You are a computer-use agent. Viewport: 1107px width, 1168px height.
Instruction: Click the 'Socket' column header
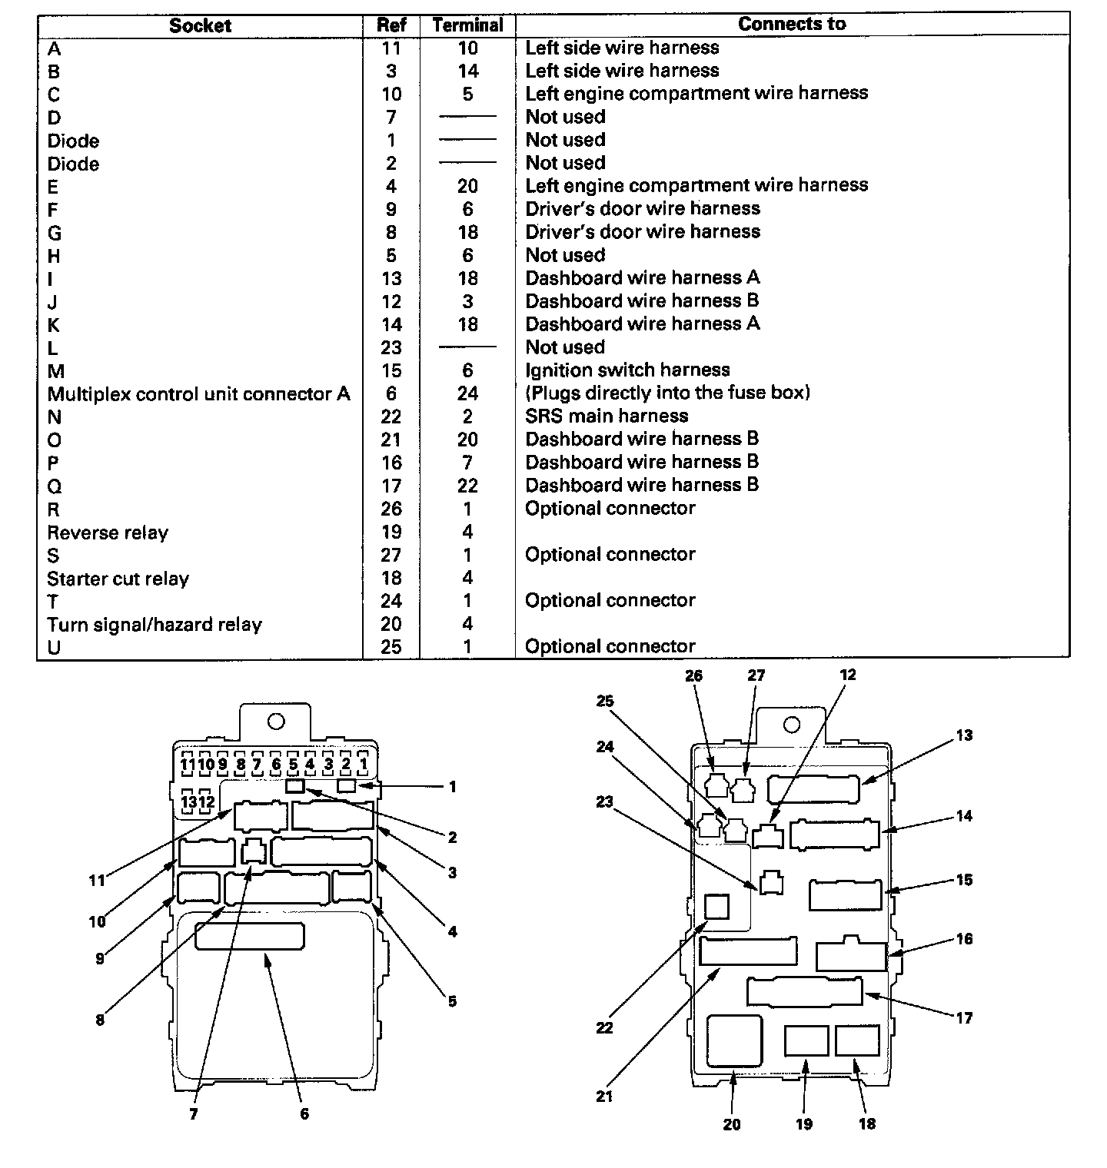pos(200,25)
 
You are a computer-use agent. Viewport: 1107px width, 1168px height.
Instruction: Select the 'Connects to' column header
pos(791,24)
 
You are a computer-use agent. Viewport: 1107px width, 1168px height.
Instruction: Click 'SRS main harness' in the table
pos(606,416)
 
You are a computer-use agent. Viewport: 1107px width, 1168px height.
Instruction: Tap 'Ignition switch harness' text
pos(627,370)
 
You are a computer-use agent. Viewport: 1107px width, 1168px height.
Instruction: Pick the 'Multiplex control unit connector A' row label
pos(198,393)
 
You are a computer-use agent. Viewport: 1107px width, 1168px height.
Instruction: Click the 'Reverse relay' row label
pos(108,533)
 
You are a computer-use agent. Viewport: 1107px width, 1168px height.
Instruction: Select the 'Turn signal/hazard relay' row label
pos(154,624)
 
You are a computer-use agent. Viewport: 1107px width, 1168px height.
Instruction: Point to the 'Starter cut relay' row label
pos(118,579)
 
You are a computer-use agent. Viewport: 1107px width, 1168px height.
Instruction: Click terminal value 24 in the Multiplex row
pos(467,393)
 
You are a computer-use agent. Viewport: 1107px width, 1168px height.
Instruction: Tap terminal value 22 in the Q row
pos(467,486)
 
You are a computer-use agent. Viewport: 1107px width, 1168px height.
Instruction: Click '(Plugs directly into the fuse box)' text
pos(667,393)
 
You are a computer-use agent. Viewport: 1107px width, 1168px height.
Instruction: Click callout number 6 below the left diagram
pos(304,1113)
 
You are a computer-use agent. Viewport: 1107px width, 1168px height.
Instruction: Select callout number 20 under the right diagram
pos(732,1124)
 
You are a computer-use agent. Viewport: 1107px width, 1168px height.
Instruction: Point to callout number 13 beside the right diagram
pos(964,735)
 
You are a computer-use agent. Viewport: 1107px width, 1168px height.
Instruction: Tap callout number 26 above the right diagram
pos(693,675)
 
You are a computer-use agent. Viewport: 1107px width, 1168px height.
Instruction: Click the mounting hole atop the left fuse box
pos(276,722)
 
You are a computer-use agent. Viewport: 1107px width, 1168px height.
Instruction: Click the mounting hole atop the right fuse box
pos(791,725)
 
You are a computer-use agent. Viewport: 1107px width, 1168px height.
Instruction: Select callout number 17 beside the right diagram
pos(964,1018)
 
